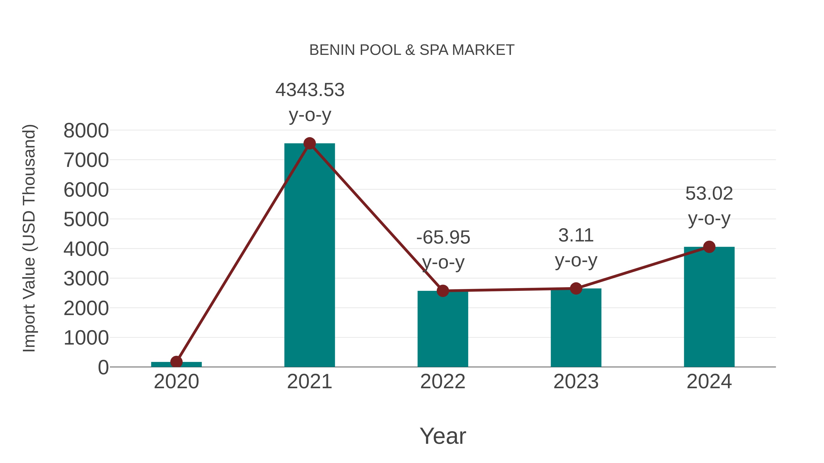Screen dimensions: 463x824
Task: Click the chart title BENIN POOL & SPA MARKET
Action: [x=412, y=50]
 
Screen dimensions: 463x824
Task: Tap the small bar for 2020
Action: [x=176, y=365]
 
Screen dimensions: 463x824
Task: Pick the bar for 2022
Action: [x=443, y=329]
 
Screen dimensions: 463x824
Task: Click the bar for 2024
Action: [x=709, y=307]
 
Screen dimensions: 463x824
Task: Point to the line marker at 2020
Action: [x=176, y=362]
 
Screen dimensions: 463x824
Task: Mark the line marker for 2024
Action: [x=709, y=247]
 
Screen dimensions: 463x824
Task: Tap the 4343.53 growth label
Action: [x=310, y=90]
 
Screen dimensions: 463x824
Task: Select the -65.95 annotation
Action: [x=443, y=237]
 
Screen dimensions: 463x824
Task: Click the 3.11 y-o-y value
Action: [x=576, y=236]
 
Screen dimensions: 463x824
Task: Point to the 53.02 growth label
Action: [x=709, y=194]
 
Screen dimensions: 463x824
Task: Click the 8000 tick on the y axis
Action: [x=86, y=131]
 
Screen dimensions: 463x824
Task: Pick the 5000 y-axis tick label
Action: [x=86, y=219]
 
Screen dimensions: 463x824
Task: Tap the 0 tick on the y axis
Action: [x=103, y=367]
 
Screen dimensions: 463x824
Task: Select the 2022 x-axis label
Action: [x=443, y=382]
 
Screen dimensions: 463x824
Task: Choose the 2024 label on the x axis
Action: [x=709, y=382]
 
